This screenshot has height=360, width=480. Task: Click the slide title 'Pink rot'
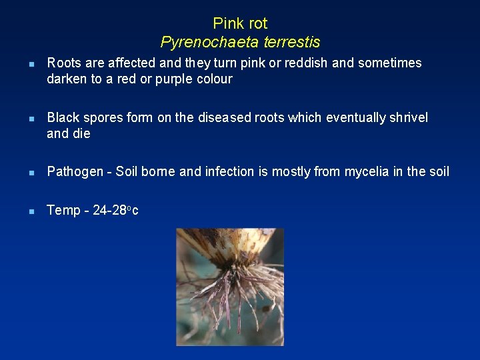pyautogui.click(x=240, y=23)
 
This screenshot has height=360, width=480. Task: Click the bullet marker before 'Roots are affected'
pyautogui.click(x=23, y=64)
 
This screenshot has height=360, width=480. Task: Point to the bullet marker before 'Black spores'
pyautogui.click(x=23, y=119)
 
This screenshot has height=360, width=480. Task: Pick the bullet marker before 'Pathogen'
pyautogui.click(x=23, y=173)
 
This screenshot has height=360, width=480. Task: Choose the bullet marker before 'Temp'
pyautogui.click(x=23, y=211)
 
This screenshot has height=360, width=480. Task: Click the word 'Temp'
pyautogui.click(x=63, y=211)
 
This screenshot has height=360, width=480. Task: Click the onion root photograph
pyautogui.click(x=230, y=287)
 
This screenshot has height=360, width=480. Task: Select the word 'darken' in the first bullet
pyautogui.click(x=66, y=79)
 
